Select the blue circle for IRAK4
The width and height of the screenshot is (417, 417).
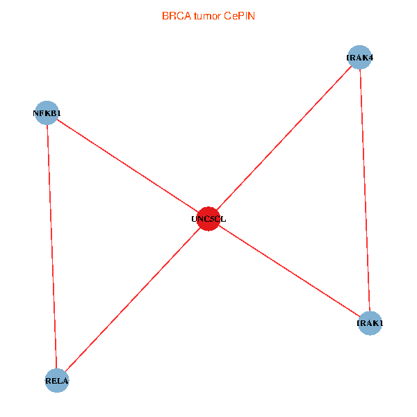pos(360,57)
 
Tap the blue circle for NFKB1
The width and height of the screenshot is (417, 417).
pos(47,113)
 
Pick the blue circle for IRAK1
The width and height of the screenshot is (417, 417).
pos(370,323)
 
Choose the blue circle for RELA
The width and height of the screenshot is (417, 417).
pos(57,380)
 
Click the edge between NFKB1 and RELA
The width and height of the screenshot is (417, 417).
pos(51,247)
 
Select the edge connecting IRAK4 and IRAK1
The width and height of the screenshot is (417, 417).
pos(365,190)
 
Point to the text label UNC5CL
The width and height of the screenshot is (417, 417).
pos(208,219)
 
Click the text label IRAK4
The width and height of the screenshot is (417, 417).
pos(360,58)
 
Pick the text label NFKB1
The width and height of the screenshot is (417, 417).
pos(47,113)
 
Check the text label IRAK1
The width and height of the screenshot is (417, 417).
pos(370,323)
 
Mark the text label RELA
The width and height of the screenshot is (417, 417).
pos(57,381)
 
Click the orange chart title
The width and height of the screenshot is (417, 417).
pos(208,15)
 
